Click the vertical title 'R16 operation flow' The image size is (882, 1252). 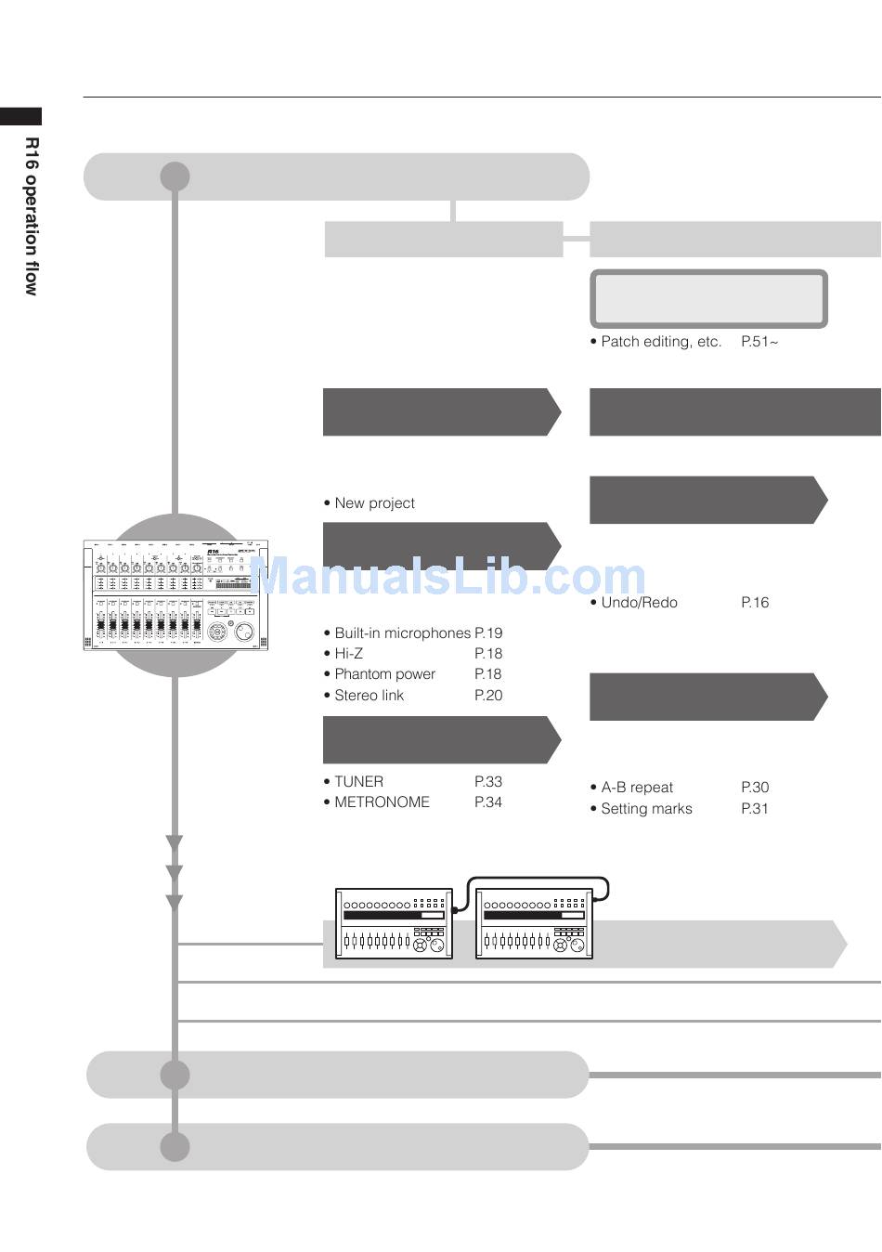32,216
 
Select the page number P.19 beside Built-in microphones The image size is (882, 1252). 488,633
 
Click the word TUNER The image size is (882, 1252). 358,781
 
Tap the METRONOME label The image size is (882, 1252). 383,802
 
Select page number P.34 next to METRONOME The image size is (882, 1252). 488,802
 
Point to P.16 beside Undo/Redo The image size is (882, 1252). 755,603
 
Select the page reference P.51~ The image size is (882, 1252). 759,342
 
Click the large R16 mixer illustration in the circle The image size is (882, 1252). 176,594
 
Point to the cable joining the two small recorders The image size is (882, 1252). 537,878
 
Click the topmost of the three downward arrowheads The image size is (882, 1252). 175,842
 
